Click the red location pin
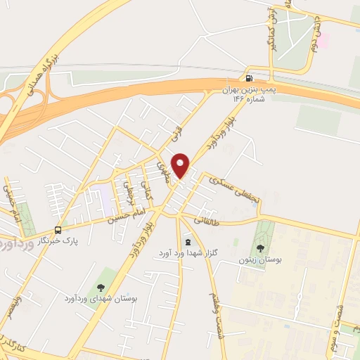coord(181,165)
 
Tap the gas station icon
coord(248,77)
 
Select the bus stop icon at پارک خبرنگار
coord(58,230)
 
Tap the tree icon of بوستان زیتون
coord(260,248)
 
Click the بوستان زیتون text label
coord(260,260)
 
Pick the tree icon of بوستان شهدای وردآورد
coord(100,287)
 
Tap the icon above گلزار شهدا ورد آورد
coord(186,241)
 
